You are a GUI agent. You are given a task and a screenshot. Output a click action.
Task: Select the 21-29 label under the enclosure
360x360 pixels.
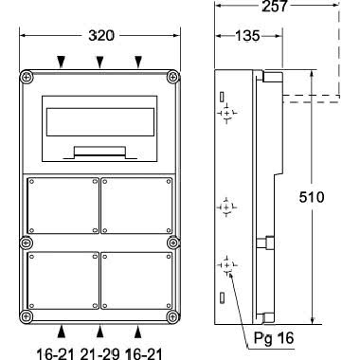(x=99, y=349)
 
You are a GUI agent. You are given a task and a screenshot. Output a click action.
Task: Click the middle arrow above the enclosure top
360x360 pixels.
(x=99, y=63)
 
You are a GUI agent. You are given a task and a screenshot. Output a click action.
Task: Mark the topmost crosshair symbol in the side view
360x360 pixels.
(x=227, y=115)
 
